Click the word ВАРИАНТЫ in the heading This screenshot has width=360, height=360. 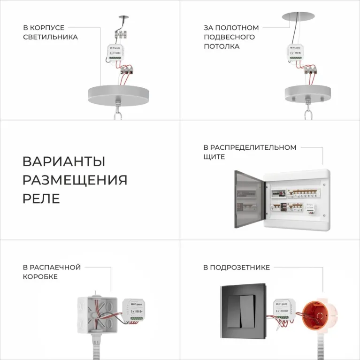click(64, 161)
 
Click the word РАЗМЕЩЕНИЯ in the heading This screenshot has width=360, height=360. click(75, 180)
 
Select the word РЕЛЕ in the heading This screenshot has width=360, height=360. click(41, 198)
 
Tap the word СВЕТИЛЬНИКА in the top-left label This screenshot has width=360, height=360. click(50, 37)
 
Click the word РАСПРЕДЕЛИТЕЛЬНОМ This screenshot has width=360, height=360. click(254, 147)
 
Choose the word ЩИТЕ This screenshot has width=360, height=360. click(214, 157)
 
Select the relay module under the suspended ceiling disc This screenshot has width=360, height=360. click(295, 54)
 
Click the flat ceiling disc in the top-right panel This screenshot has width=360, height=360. click(298, 16)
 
